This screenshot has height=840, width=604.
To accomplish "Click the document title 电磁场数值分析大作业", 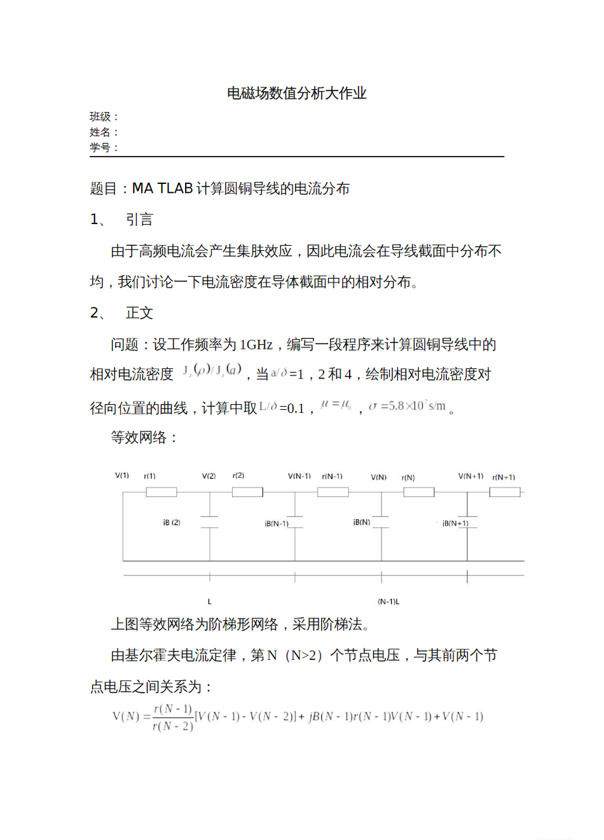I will click(297, 94).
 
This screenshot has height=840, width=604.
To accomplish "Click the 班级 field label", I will click(100, 116).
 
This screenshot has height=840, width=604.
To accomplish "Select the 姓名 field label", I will click(100, 132).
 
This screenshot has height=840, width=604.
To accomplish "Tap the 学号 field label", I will click(100, 147).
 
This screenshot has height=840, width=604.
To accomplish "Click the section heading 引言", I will click(139, 220).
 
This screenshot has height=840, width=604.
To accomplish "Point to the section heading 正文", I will click(139, 313).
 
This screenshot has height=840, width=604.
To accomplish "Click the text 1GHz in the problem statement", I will click(256, 345).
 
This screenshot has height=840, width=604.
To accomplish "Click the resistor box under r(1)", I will click(161, 492).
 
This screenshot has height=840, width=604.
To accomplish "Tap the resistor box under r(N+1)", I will click(505, 492).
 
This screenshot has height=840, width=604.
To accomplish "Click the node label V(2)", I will click(209, 476).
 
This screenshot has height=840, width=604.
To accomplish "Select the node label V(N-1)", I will click(299, 476).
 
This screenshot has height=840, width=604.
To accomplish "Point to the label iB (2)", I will click(172, 522).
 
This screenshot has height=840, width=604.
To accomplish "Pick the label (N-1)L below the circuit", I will click(388, 601).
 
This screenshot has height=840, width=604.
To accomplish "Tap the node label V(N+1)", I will click(470, 476).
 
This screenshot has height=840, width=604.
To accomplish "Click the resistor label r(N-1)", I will click(332, 476).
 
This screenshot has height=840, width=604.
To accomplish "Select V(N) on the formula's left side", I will click(126, 717).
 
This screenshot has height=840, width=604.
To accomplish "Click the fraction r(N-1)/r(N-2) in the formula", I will click(173, 717).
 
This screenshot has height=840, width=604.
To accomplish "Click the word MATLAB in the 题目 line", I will click(162, 188).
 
